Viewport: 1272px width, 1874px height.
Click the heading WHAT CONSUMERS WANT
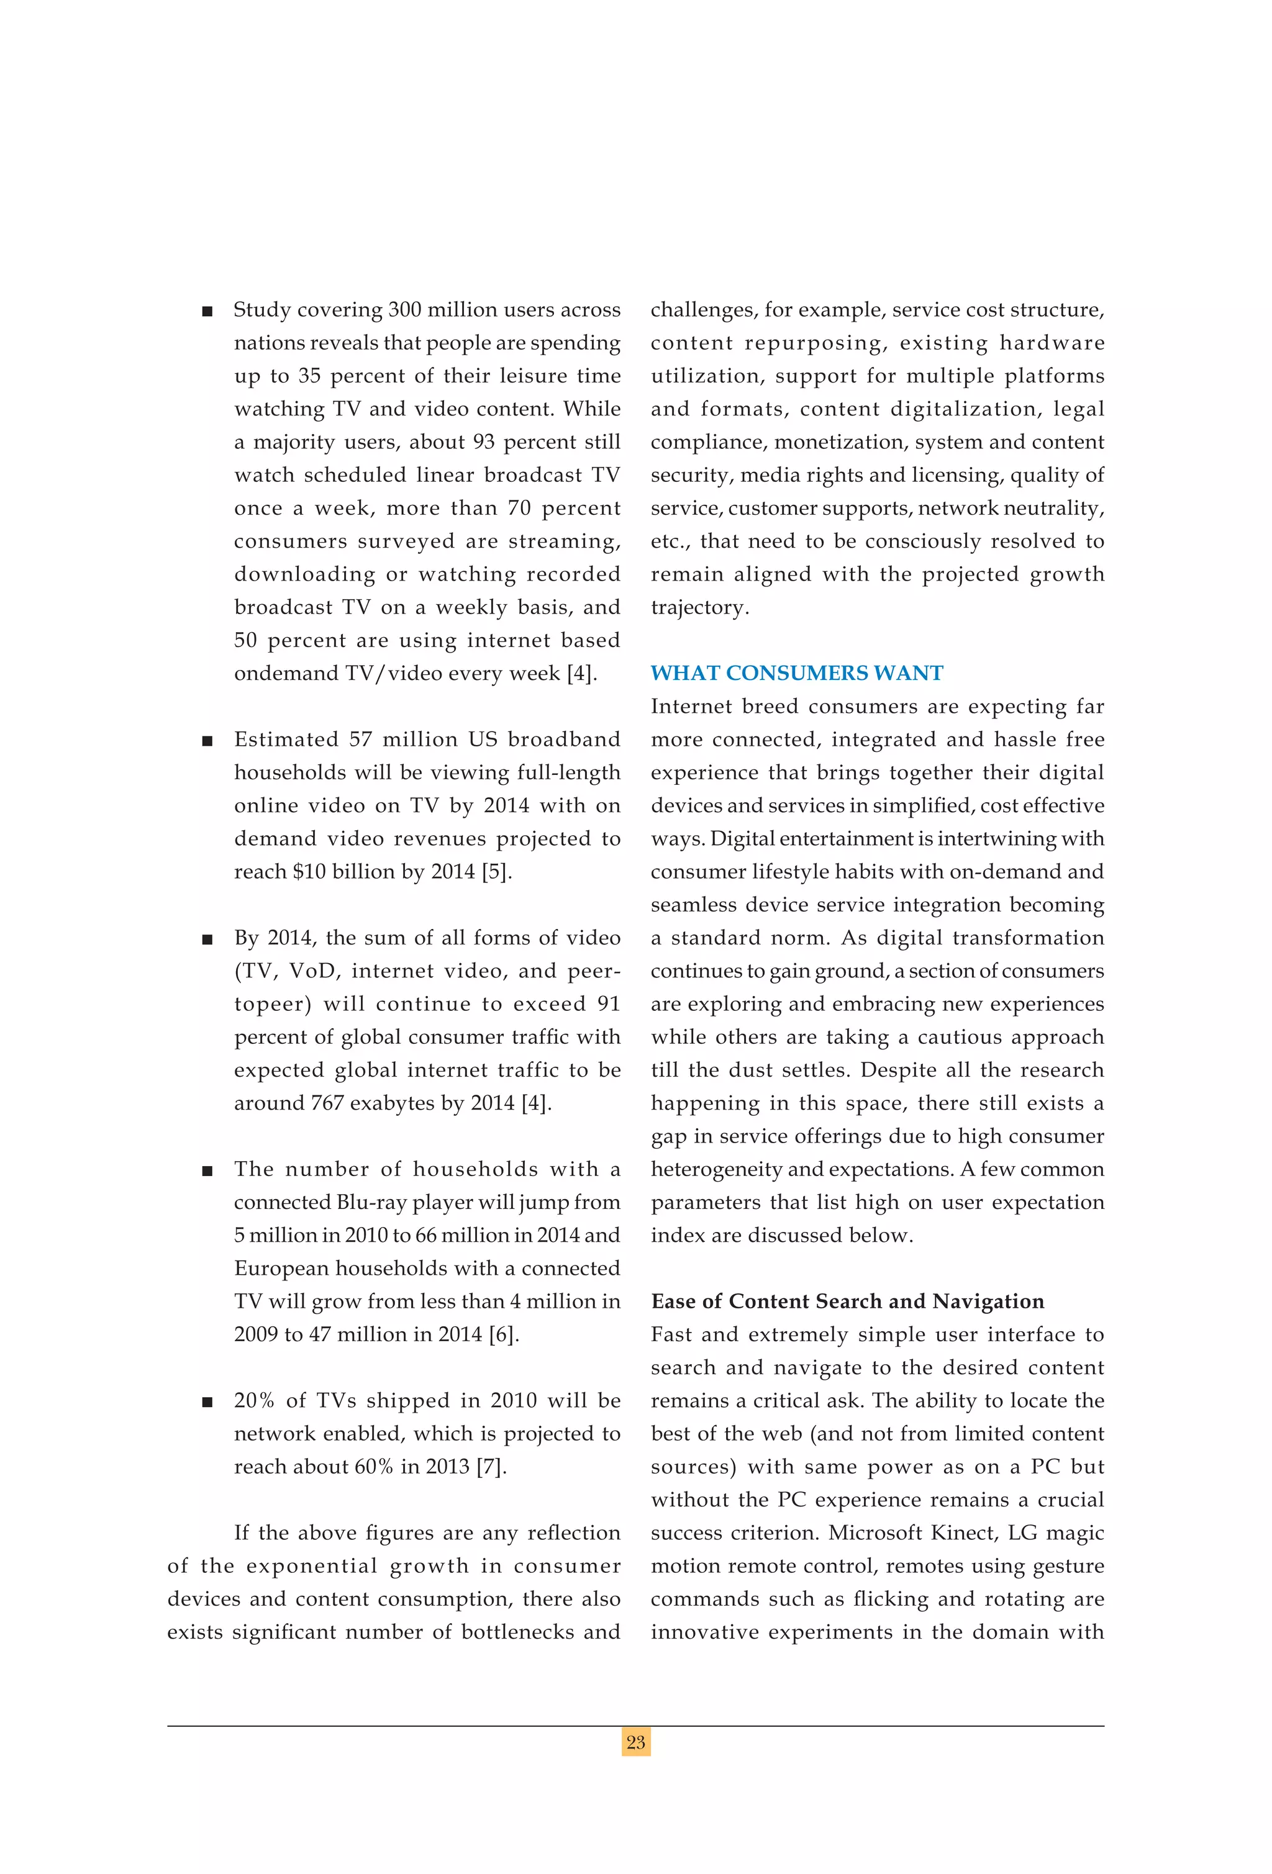tap(796, 673)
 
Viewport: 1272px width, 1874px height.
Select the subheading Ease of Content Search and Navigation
tap(847, 1301)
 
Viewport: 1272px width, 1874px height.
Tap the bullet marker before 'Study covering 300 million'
tap(207, 311)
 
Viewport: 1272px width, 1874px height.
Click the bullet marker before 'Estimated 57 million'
tap(207, 741)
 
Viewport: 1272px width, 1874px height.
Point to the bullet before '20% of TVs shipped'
tap(207, 1402)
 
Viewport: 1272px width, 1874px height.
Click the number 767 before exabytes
tap(327, 1103)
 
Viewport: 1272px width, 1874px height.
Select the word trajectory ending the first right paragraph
tap(699, 607)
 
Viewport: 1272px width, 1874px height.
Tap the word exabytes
tap(393, 1103)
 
